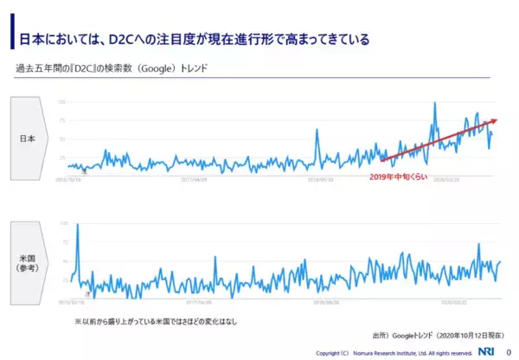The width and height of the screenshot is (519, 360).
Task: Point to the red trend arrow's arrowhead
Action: coord(495,121)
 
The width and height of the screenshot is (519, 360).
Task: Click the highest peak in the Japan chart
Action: coord(435,104)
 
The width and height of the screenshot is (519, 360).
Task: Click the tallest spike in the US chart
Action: coord(78,225)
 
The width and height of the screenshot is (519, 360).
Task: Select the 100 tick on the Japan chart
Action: coord(61,101)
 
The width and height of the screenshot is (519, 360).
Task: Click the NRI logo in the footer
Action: coord(489,351)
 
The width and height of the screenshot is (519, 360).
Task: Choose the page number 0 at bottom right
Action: coord(509,351)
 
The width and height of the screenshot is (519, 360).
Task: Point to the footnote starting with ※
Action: coord(156,321)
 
